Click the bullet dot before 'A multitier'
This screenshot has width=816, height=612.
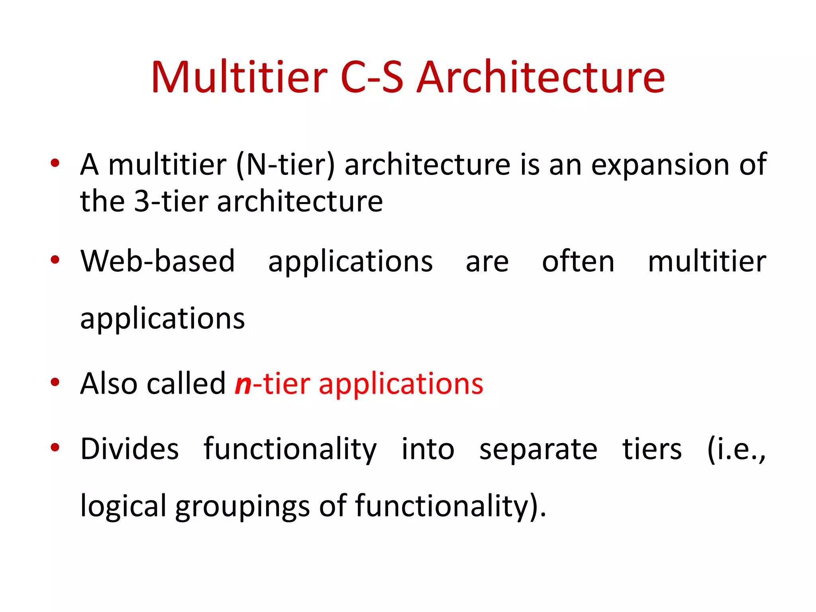(x=55, y=163)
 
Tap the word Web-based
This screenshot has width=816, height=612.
(x=158, y=261)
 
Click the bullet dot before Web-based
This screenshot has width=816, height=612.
(x=55, y=260)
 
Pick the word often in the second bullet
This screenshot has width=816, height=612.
(x=578, y=261)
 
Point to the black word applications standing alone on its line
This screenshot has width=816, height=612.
(x=163, y=319)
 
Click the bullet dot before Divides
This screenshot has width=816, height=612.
(x=55, y=447)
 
